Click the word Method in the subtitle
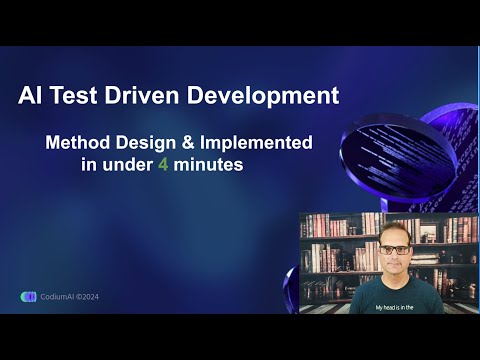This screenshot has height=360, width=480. (x=77, y=144)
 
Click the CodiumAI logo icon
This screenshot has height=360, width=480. (x=28, y=296)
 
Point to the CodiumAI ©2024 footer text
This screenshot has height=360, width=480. (x=68, y=296)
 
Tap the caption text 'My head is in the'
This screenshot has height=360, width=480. (x=394, y=308)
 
